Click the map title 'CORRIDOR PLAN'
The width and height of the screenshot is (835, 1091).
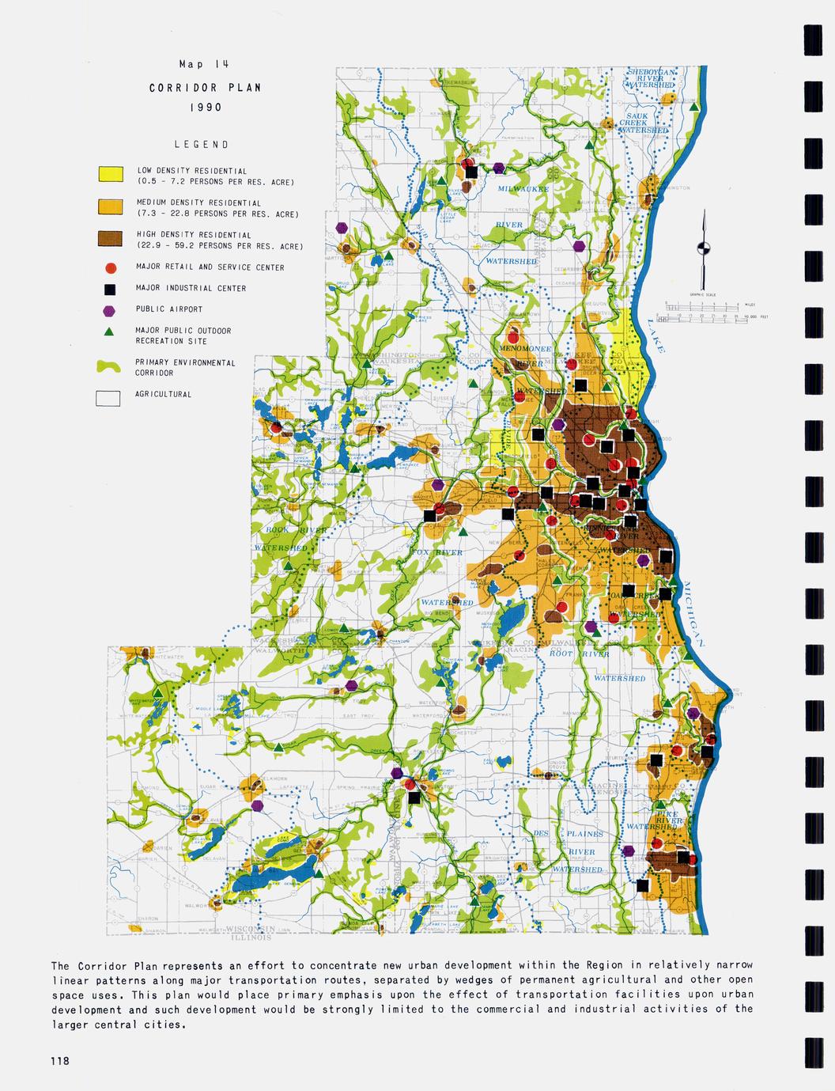[205, 88]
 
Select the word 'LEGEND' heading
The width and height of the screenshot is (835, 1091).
[202, 145]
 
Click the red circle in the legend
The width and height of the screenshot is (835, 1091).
[111, 267]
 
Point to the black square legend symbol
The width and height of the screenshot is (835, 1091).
[111, 289]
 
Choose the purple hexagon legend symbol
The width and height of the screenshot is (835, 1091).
[111, 310]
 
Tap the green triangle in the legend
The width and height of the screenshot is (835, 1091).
[111, 331]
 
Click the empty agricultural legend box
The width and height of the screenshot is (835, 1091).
[108, 398]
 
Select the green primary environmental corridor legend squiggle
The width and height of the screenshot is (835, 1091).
[110, 366]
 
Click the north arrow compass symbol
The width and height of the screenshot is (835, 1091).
[701, 248]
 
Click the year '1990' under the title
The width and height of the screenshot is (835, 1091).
[205, 107]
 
